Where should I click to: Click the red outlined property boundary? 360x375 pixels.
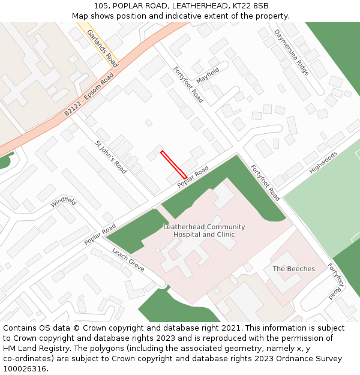click(x=173, y=164)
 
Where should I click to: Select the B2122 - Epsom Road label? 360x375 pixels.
click(x=89, y=95)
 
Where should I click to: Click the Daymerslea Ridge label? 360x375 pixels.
click(x=292, y=52)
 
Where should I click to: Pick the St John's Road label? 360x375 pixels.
click(x=111, y=157)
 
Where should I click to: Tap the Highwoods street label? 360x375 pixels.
click(x=324, y=162)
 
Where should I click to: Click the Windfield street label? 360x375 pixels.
click(x=63, y=202)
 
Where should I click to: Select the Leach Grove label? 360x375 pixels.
click(x=128, y=260)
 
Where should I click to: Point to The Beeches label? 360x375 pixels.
click(x=293, y=269)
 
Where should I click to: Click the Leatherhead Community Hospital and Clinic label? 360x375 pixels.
click(x=204, y=231)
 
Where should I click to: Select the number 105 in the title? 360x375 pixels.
click(x=101, y=6)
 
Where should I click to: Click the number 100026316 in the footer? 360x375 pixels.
click(x=25, y=368)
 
